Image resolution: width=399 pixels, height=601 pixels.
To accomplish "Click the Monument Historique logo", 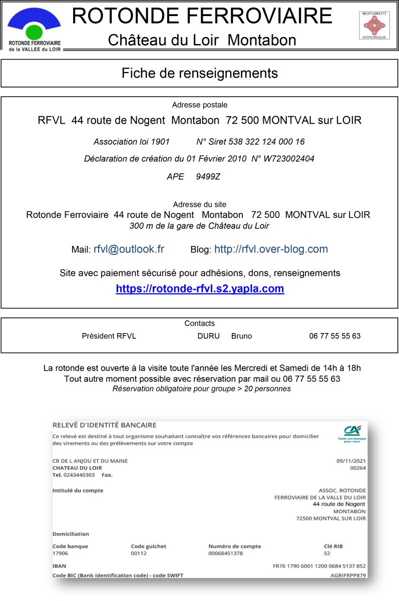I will pyautogui.click(x=374, y=26).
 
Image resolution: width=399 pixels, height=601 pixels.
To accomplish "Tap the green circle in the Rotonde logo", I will pyautogui.click(x=34, y=32).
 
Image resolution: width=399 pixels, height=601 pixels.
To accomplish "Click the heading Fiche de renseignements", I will pyautogui.click(x=199, y=73).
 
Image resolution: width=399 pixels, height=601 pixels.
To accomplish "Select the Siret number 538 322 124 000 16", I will pyautogui.click(x=266, y=142).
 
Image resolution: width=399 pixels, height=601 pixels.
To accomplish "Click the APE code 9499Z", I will pyautogui.click(x=208, y=176).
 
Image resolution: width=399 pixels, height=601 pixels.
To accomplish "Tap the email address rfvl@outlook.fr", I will pyautogui.click(x=129, y=249).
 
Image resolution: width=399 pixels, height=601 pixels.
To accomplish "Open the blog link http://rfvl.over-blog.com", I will pyautogui.click(x=271, y=249).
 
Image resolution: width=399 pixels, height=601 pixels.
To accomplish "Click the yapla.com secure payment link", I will pyautogui.click(x=200, y=288).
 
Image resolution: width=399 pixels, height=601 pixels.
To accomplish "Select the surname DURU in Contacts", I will pyautogui.click(x=208, y=336).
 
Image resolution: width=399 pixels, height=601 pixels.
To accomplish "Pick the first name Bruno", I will pyautogui.click(x=241, y=336).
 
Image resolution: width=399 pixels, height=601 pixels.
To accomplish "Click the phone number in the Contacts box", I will pyautogui.click(x=334, y=336).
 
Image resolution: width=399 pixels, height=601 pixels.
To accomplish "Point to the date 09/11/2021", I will pyautogui.click(x=351, y=461).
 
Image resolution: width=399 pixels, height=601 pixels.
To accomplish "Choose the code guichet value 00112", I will pyautogui.click(x=139, y=553).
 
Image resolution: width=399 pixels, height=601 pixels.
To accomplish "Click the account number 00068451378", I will pyautogui.click(x=225, y=553).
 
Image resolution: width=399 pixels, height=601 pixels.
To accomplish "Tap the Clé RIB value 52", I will pyautogui.click(x=327, y=553).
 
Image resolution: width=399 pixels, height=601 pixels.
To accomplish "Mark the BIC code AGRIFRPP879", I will pyautogui.click(x=348, y=575).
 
